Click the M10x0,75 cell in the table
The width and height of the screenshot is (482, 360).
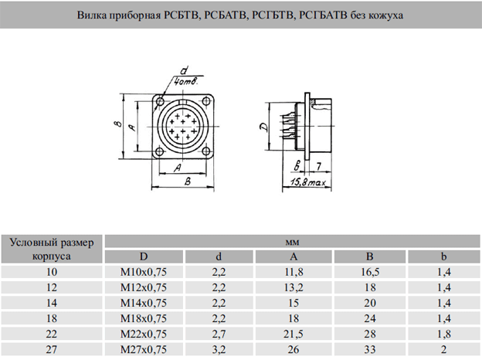(144, 272)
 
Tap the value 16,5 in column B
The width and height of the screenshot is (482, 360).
(370, 272)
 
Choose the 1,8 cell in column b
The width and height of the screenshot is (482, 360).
(443, 335)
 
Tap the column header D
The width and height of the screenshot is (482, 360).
(144, 256)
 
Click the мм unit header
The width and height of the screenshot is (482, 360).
(293, 242)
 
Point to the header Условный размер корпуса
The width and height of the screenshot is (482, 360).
(53, 249)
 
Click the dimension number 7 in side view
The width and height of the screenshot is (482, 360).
(317, 165)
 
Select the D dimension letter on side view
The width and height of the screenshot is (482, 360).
(264, 128)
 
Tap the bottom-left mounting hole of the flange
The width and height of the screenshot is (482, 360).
(159, 153)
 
